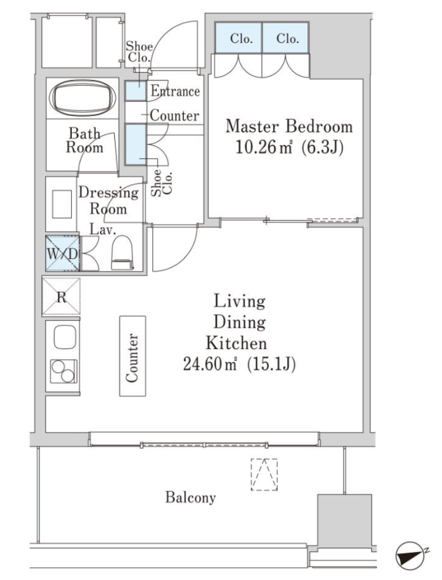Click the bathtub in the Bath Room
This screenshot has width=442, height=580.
pyautogui.click(x=83, y=97)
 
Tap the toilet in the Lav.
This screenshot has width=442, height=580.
pyautogui.click(x=122, y=253)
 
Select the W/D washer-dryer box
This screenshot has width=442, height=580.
pyautogui.click(x=62, y=254)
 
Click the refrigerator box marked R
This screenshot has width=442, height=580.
pyautogui.click(x=61, y=296)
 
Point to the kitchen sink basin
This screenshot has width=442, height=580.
pyautogui.click(x=65, y=337)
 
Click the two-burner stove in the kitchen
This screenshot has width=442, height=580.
pyautogui.click(x=65, y=371)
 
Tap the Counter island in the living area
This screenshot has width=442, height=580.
pyautogui.click(x=132, y=356)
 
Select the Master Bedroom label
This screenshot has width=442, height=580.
pyautogui.click(x=289, y=126)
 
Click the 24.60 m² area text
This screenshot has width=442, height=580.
pyautogui.click(x=210, y=365)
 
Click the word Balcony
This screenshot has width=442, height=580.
pyautogui.click(x=190, y=497)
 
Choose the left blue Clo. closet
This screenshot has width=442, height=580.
pyautogui.click(x=239, y=38)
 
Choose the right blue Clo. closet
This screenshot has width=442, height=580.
pyautogui.click(x=286, y=38)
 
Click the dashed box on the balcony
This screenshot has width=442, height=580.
pyautogui.click(x=264, y=475)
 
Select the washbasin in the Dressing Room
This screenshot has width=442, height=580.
pyautogui.click(x=62, y=204)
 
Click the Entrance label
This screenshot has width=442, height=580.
pyautogui.click(x=175, y=91)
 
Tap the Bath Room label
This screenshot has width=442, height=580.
pyautogui.click(x=84, y=140)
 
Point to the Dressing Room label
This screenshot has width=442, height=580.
pyautogui.click(x=108, y=201)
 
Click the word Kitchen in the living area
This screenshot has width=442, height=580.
pyautogui.click(x=236, y=343)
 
